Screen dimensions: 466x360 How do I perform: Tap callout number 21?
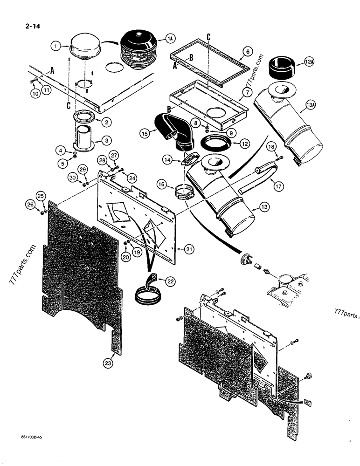point(189,250)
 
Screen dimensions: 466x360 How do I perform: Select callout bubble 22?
point(161,280)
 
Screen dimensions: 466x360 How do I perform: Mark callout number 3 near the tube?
point(106,140)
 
